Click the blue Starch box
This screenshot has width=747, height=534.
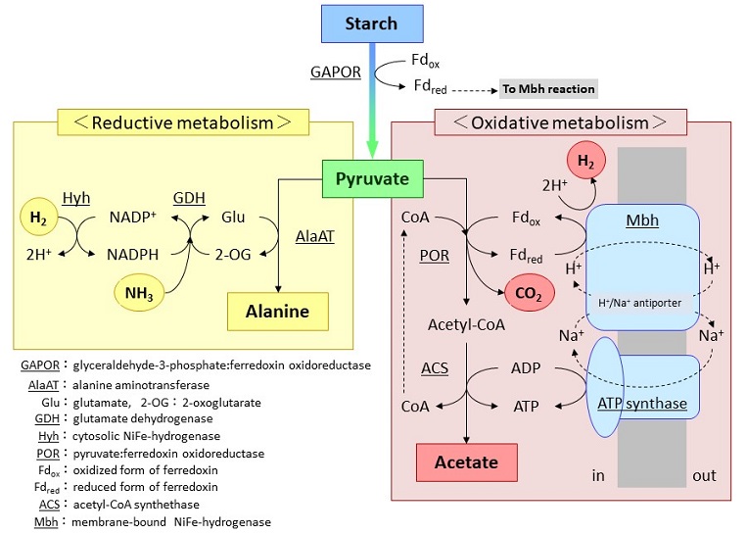pyautogui.click(x=372, y=24)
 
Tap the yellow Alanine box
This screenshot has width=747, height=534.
pyautogui.click(x=277, y=312)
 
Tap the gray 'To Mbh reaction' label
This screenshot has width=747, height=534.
pyautogui.click(x=547, y=88)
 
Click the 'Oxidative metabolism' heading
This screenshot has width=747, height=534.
pyautogui.click(x=562, y=122)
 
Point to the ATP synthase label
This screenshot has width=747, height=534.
pyautogui.click(x=640, y=404)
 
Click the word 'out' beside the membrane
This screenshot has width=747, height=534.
pyautogui.click(x=704, y=475)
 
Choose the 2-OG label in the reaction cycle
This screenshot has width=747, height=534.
pyautogui.click(x=234, y=254)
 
